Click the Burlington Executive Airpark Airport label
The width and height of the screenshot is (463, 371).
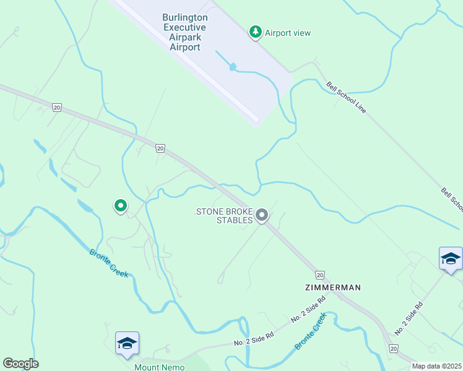185,32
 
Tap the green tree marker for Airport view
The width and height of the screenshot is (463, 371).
255,32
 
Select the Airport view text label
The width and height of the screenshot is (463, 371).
288,33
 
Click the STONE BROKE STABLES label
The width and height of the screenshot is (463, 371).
225,216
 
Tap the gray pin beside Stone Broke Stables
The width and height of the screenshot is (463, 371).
262,216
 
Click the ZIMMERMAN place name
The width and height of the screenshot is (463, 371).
332,288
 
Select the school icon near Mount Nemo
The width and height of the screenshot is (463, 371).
127,344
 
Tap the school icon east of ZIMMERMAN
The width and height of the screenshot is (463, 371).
451,259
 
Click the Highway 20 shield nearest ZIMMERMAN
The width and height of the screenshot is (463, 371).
319,275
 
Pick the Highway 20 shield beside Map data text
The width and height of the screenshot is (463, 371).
394,349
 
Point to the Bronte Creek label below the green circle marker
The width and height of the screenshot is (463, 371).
109,263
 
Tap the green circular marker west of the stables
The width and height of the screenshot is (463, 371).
120,205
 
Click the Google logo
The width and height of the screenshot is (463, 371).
20,364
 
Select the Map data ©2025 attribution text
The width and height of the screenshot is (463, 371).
436,366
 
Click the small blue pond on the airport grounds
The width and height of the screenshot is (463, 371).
233,66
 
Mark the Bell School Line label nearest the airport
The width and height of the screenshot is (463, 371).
347,98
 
